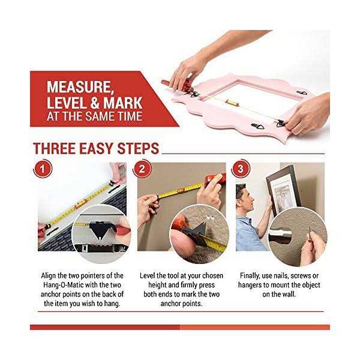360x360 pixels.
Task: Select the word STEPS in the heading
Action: [137, 148]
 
